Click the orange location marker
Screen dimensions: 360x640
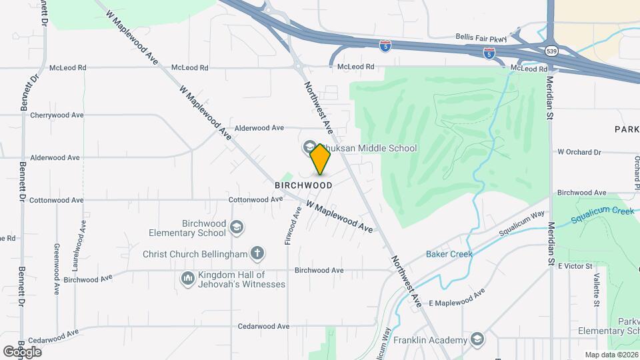320,159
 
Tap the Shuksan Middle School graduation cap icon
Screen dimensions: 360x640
310,147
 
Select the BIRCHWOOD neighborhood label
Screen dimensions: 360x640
303,185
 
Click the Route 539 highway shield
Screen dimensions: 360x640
551,51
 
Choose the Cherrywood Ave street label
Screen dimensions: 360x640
57,115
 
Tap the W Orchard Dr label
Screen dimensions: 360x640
579,152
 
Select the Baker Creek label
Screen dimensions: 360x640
449,254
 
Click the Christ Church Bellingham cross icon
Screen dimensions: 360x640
257,253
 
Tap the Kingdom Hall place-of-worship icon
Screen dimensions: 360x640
187,277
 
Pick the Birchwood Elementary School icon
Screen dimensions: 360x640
235,228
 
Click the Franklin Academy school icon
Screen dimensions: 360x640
477,340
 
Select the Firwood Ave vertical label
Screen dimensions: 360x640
289,225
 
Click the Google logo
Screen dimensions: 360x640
22,351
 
